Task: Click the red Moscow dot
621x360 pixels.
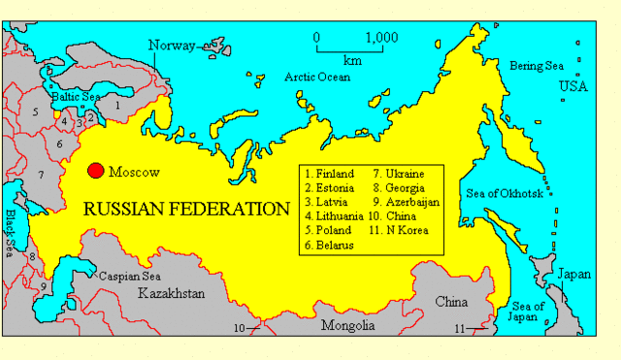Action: coord(95,171)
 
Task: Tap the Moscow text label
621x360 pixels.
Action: coord(133,172)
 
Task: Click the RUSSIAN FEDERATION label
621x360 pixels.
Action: coord(186,209)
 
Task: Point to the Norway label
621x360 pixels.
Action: coord(171,45)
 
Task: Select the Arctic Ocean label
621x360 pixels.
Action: coord(316,77)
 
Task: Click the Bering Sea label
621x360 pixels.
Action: coord(536,65)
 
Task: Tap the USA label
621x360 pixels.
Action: coord(573,88)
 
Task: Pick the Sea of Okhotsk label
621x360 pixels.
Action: coord(518,193)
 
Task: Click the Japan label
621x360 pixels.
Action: coord(573,275)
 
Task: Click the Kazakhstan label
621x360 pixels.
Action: coord(172,292)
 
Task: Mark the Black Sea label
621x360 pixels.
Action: coord(11,230)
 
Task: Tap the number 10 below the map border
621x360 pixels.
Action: coord(239,328)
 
